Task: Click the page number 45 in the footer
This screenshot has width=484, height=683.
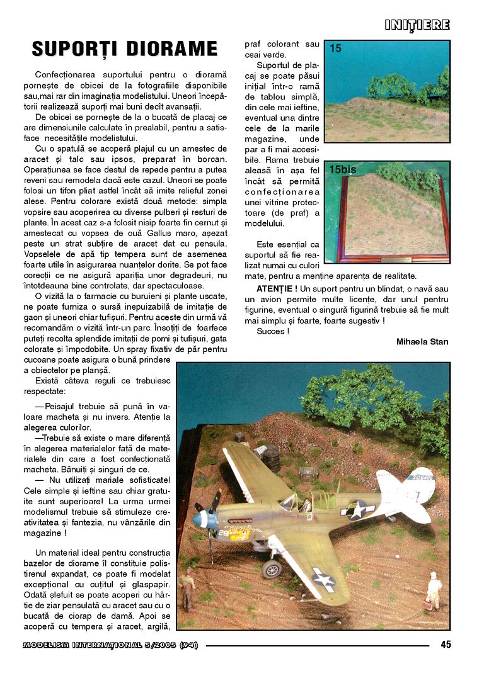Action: pyautogui.click(x=445, y=644)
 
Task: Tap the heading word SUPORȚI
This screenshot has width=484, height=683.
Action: pyautogui.click(x=76, y=49)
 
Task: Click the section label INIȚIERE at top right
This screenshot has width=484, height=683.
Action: pyautogui.click(x=417, y=25)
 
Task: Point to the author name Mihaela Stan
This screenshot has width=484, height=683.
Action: pyautogui.click(x=422, y=342)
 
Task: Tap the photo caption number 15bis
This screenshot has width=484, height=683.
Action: pyautogui.click(x=343, y=170)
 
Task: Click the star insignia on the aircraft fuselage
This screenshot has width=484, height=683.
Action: pyautogui.click(x=357, y=509)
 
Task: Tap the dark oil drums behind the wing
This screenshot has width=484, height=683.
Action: pyautogui.click(x=269, y=453)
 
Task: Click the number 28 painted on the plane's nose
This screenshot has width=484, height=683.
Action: pyautogui.click(x=222, y=531)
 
